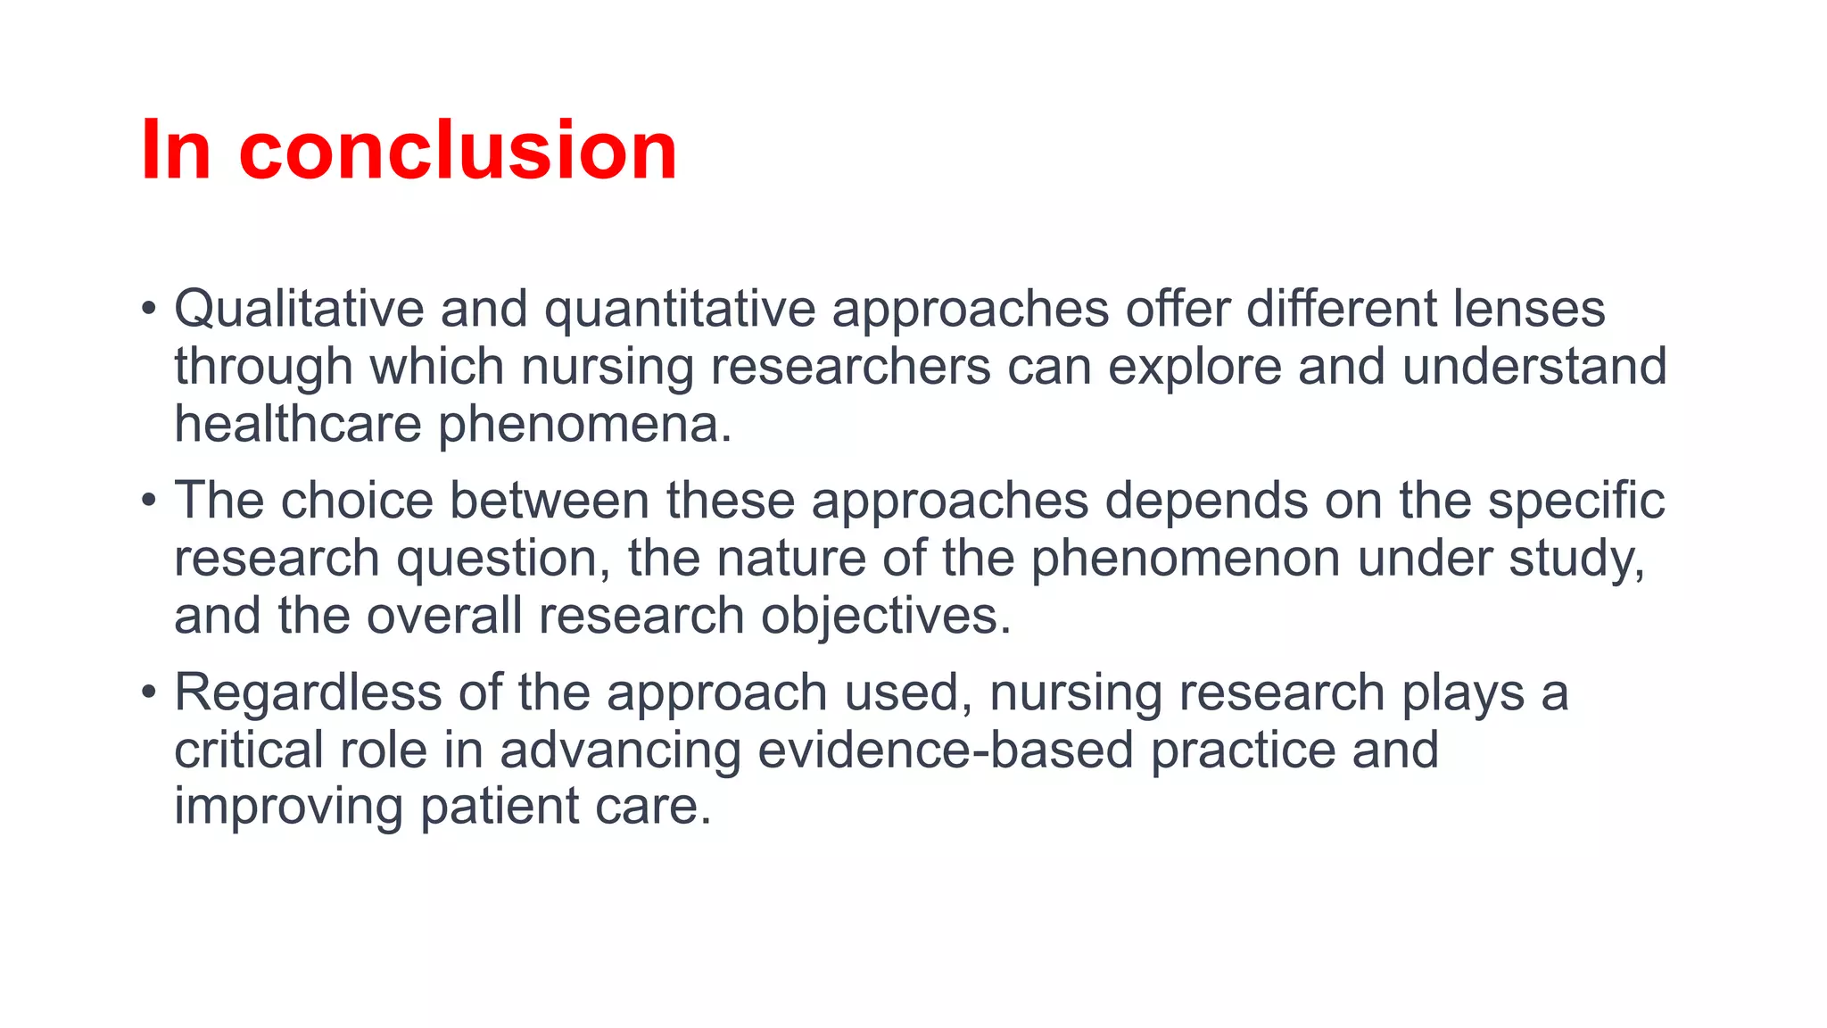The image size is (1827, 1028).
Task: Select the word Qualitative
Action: (x=298, y=309)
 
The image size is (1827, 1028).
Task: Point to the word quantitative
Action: (x=680, y=311)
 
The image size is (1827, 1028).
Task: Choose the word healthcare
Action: (x=297, y=424)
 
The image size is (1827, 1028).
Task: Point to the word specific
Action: (x=1576, y=502)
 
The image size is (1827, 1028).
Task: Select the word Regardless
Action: (x=308, y=693)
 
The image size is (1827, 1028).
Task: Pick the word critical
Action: (x=249, y=750)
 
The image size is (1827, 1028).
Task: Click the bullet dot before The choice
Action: (x=149, y=500)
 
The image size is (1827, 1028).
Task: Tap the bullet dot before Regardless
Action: (x=149, y=692)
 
